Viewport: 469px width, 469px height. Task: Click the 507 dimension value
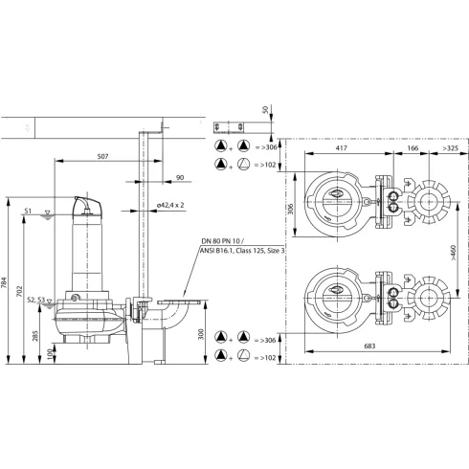coord(108,157)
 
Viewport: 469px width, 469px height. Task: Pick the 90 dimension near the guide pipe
coord(179,176)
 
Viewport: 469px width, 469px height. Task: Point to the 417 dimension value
coord(340,149)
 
